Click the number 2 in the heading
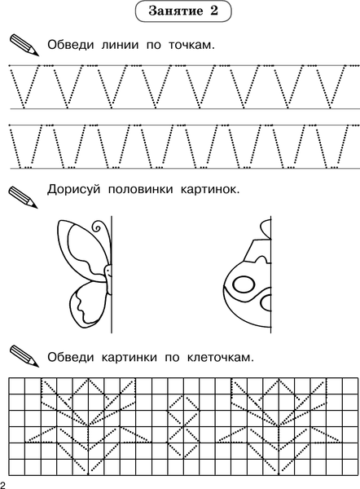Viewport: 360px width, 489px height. pos(215,13)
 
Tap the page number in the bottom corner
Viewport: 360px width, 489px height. pos(4,484)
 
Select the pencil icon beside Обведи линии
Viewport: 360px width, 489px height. pos(25,44)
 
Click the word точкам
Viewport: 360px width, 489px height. pos(190,44)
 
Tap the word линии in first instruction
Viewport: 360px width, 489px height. pos(125,44)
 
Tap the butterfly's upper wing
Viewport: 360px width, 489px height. pos(82,248)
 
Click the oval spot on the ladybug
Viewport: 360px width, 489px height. pos(243,285)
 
